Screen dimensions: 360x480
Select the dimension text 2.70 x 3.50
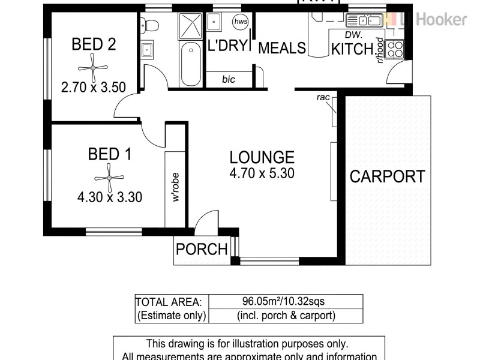(x=93, y=86)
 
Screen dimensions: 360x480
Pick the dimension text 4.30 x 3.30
(x=109, y=197)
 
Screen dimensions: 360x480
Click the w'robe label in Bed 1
(x=176, y=190)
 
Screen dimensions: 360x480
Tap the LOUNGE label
(x=262, y=157)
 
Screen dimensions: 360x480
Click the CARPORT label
(x=387, y=176)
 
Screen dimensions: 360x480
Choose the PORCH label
(x=202, y=248)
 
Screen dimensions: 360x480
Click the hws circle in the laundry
(x=240, y=22)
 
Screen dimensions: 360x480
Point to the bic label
(x=228, y=79)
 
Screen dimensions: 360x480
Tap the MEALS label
(x=282, y=48)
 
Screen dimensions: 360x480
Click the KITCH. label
(x=353, y=49)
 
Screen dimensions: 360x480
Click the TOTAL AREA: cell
(x=171, y=301)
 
